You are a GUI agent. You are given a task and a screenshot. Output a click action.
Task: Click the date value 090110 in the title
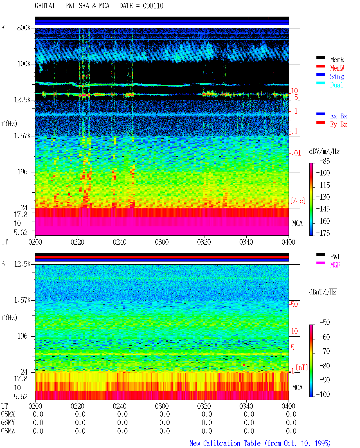point(153,6)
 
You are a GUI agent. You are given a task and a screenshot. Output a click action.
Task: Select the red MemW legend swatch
point(320,66)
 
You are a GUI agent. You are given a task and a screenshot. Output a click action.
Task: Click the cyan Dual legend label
point(337,85)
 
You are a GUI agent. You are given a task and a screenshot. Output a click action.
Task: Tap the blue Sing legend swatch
point(320,75)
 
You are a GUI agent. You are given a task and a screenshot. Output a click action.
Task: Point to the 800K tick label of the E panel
point(24,28)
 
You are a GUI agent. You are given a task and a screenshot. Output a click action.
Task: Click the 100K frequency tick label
point(24,64)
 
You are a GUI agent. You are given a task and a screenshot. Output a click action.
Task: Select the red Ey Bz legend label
point(339,124)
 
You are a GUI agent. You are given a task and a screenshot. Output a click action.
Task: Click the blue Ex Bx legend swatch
point(320,114)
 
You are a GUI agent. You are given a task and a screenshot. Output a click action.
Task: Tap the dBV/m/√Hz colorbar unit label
point(324,151)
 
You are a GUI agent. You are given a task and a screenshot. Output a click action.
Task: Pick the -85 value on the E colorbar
point(325,161)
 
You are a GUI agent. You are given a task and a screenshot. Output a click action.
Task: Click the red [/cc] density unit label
point(298,201)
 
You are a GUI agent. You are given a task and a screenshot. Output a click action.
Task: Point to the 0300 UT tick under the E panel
point(162,242)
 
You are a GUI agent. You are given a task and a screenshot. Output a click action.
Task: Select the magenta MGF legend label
point(335,265)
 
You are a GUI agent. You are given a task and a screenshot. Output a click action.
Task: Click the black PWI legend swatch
point(320,255)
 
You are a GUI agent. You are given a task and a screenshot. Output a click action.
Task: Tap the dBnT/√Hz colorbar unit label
point(323,292)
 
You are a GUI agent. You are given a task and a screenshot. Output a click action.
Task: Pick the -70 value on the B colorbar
point(325,351)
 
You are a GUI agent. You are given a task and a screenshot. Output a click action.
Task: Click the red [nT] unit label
point(302,367)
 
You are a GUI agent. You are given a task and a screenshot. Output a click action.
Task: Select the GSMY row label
point(8,422)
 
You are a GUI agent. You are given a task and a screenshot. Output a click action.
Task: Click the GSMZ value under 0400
point(291,431)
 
